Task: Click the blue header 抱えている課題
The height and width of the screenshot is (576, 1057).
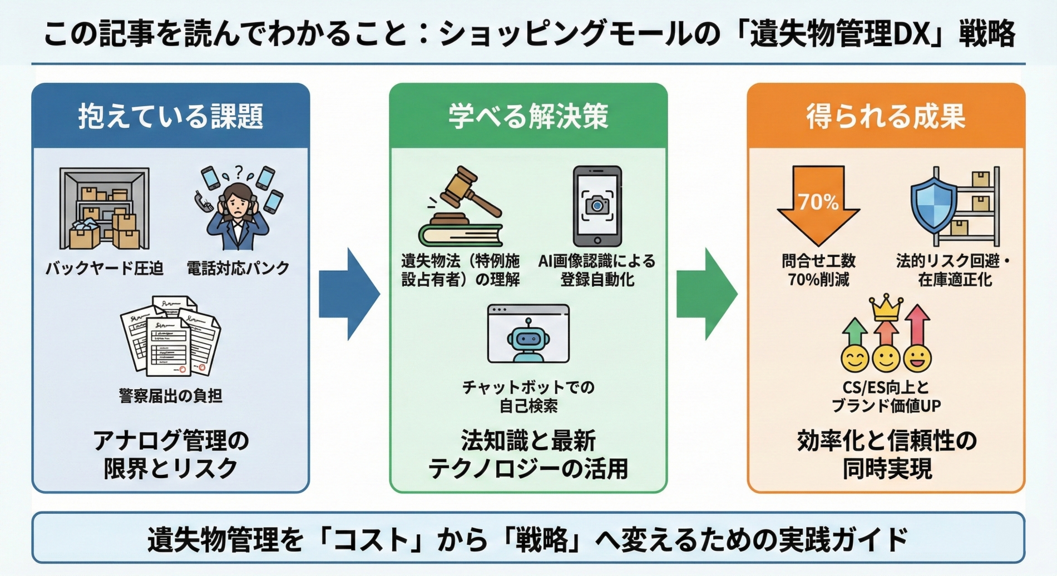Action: pyautogui.click(x=170, y=116)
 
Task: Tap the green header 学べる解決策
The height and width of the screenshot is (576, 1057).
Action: pyautogui.click(x=528, y=116)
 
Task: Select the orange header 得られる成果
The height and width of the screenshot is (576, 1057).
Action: pyautogui.click(x=886, y=116)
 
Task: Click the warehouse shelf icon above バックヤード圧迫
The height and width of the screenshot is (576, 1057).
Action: pyautogui.click(x=105, y=208)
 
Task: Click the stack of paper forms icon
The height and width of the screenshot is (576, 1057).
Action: pyautogui.click(x=170, y=336)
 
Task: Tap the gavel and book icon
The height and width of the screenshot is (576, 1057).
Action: pyautogui.click(x=461, y=207)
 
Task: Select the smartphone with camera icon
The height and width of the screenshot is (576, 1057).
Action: pyautogui.click(x=597, y=206)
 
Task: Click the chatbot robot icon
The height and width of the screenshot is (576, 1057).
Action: pyautogui.click(x=528, y=334)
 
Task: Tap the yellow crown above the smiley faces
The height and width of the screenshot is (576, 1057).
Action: pyautogui.click(x=886, y=307)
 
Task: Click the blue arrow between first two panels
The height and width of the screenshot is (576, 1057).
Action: pyautogui.click(x=348, y=294)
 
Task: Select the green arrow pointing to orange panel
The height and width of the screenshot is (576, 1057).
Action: pyautogui.click(x=706, y=294)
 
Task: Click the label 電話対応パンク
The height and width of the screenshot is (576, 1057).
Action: pyautogui.click(x=238, y=269)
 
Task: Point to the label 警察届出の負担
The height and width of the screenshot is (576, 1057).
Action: pyautogui.click(x=170, y=396)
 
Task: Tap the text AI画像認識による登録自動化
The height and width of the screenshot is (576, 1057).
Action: pyautogui.click(x=597, y=270)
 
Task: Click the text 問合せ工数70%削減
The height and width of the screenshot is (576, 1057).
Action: pyautogui.click(x=818, y=270)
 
